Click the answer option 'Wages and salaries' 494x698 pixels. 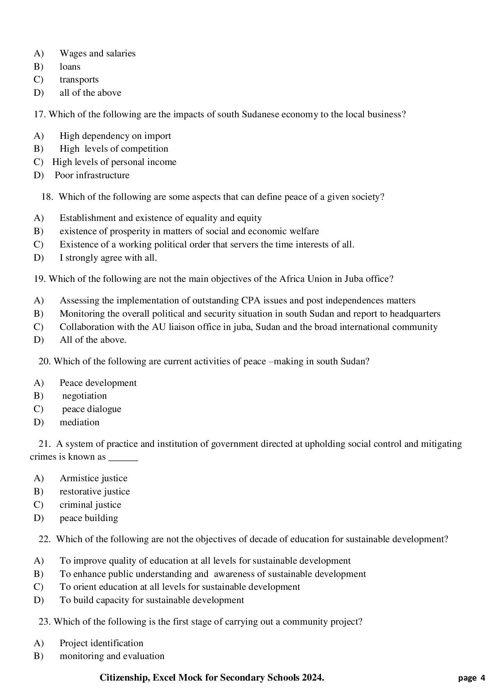tap(97, 53)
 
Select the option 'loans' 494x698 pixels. tap(70, 67)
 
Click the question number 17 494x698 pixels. tap(39, 114)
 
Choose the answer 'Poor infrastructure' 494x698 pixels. tap(92, 175)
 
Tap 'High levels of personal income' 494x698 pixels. tap(114, 162)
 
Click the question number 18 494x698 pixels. tap(47, 197)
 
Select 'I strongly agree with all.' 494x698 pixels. tap(108, 258)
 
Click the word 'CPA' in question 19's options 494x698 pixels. tap(250, 301)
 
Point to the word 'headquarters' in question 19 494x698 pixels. tap(415, 314)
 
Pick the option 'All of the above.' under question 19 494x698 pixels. tap(93, 340)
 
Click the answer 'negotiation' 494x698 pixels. tap(84, 396)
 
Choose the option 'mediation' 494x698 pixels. tap(79, 422)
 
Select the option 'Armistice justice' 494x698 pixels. tap(93, 478)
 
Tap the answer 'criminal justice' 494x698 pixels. tap(90, 505)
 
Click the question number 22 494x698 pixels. tap(44, 539)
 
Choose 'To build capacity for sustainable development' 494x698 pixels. tap(151, 600)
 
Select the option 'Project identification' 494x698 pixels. tap(101, 643)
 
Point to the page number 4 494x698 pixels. tap(482, 679)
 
